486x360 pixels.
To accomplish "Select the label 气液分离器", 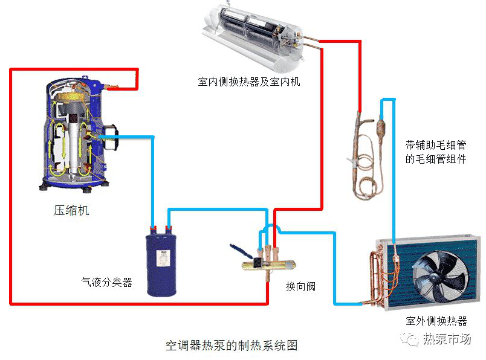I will pyautogui.click(x=107, y=282).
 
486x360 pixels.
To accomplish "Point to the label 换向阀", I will pyautogui.click(x=300, y=286).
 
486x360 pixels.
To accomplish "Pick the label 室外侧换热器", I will pyautogui.click(x=436, y=321).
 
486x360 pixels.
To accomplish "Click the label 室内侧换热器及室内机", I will pyautogui.click(x=248, y=82).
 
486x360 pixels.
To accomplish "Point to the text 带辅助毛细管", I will pyautogui.click(x=436, y=146).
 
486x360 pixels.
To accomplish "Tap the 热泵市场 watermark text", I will pyautogui.click(x=447, y=339).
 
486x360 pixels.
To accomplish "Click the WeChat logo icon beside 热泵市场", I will pyautogui.click(x=413, y=339).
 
